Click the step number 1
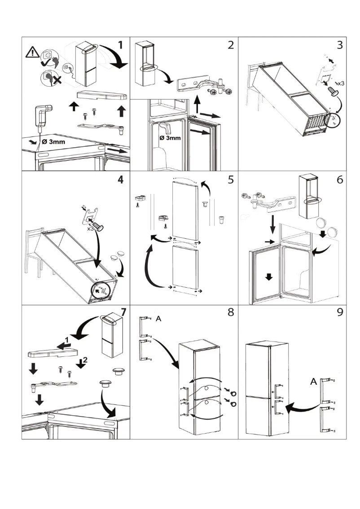(x=120, y=45)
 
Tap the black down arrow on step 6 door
(x=268, y=276)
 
